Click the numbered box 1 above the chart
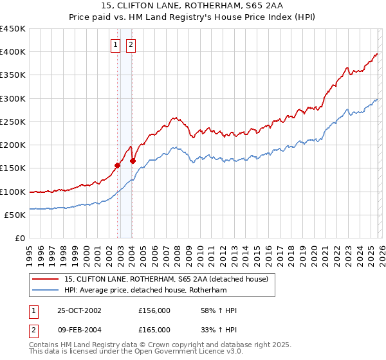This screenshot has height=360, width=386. [x=115, y=45]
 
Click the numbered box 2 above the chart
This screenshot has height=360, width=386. [x=131, y=45]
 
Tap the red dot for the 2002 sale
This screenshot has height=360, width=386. [x=118, y=165]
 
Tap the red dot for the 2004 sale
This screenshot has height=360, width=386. [x=133, y=161]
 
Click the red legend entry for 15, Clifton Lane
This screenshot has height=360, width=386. [x=170, y=279]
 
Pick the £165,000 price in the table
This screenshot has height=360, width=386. [x=154, y=329]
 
